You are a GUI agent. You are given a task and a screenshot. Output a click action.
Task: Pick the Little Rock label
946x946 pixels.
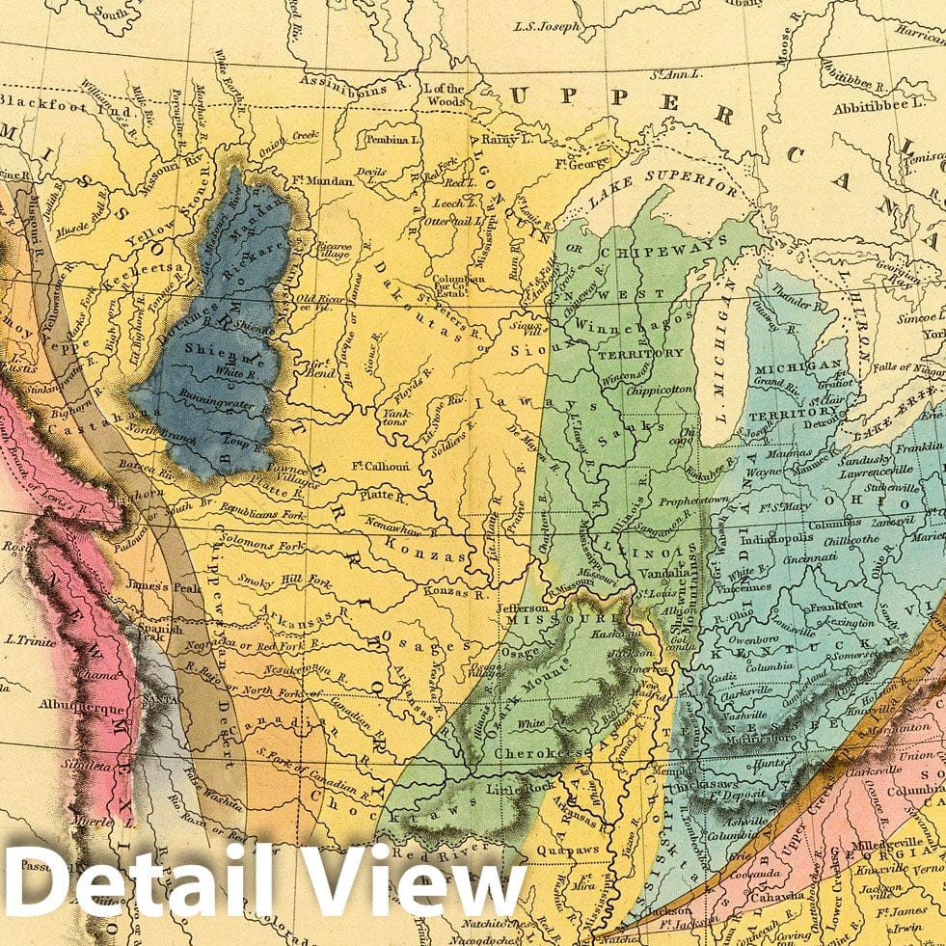[522, 788]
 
